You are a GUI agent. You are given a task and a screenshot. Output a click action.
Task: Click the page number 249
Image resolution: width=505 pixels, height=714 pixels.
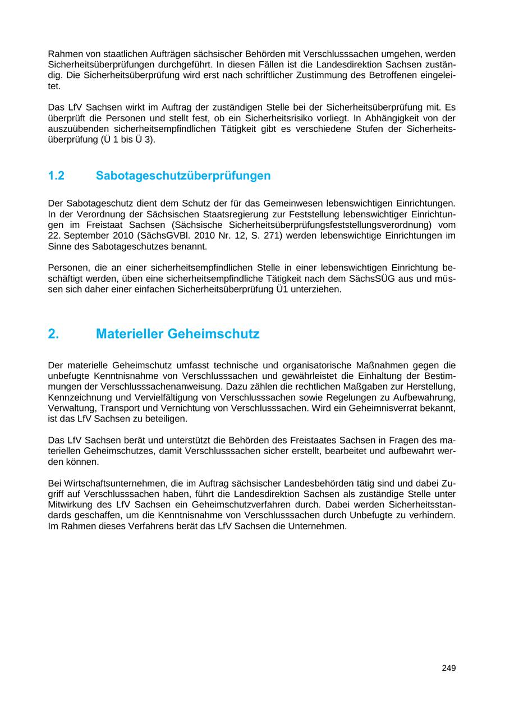[x=448, y=668]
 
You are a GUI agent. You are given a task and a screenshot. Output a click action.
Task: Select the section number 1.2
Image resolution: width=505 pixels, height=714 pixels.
[x=56, y=176]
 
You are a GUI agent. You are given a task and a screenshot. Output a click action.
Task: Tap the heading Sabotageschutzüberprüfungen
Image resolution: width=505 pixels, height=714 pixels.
[x=183, y=176]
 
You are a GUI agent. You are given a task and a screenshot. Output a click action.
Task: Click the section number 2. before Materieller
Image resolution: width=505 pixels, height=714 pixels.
[x=53, y=334]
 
